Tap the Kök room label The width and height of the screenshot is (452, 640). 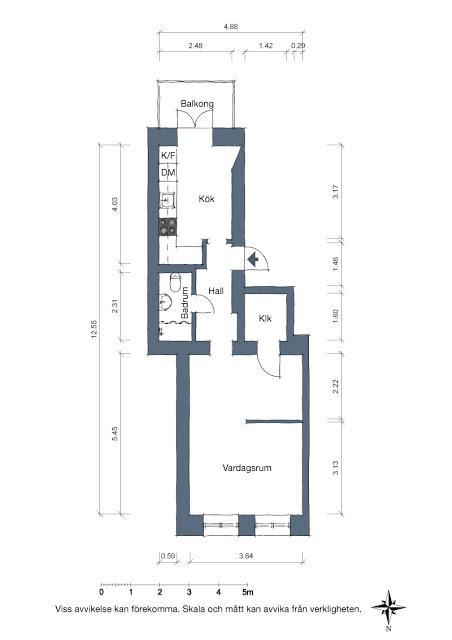point(207,198)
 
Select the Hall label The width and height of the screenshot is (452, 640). point(215,291)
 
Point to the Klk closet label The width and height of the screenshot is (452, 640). point(265,320)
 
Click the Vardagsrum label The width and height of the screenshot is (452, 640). point(248,467)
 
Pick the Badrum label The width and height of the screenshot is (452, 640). point(186,304)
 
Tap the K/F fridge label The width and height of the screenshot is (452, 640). point(168,157)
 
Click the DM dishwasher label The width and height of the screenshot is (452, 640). point(168,175)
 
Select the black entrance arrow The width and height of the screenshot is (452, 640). point(254,260)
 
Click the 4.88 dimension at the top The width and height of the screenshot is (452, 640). point(230,27)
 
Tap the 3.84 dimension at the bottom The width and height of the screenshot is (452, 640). point(245,556)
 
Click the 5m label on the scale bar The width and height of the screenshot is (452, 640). point(248,593)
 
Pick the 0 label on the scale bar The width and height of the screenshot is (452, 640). point(101,593)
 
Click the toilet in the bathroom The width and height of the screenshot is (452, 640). point(176,282)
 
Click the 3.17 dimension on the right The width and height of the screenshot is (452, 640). point(336,191)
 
